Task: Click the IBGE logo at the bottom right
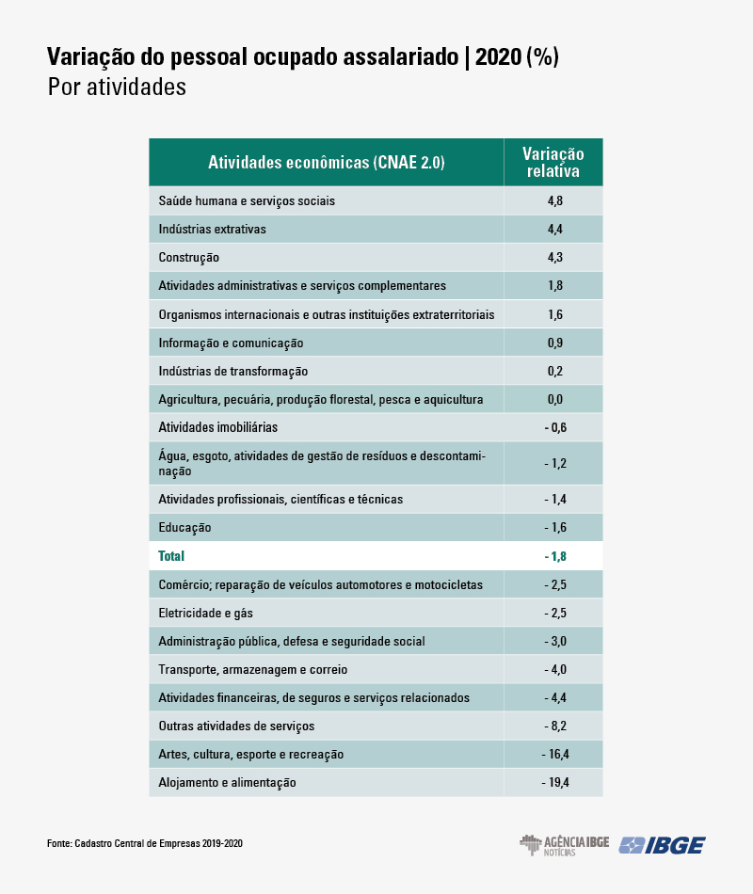[x=662, y=844]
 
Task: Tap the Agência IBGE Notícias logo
[x=564, y=844]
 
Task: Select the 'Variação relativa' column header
[x=553, y=163]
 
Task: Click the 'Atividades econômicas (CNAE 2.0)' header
[x=326, y=163]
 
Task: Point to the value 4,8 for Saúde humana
[x=554, y=200]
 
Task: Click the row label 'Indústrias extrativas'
[x=213, y=229]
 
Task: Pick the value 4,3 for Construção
[x=554, y=257]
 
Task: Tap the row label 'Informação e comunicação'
[x=231, y=343]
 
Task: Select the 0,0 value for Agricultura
[x=554, y=399]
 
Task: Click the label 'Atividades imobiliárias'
[x=217, y=427]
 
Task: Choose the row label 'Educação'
[x=184, y=527]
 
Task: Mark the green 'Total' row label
[x=172, y=556]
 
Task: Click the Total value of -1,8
[x=554, y=556]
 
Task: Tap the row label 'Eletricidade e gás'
[x=206, y=613]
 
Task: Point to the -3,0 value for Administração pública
[x=554, y=641]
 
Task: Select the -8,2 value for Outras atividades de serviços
[x=554, y=726]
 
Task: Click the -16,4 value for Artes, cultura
[x=554, y=754]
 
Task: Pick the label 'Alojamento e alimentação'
[x=227, y=782]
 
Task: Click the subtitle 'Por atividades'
[x=117, y=88]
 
